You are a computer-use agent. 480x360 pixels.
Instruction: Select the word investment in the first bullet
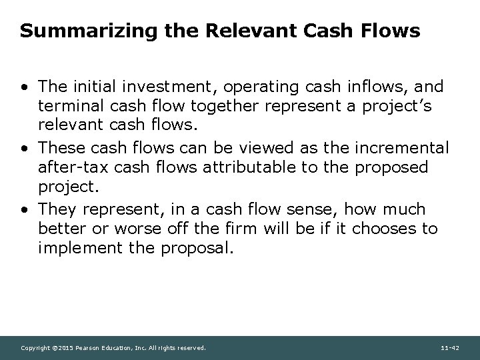click(x=168, y=87)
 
